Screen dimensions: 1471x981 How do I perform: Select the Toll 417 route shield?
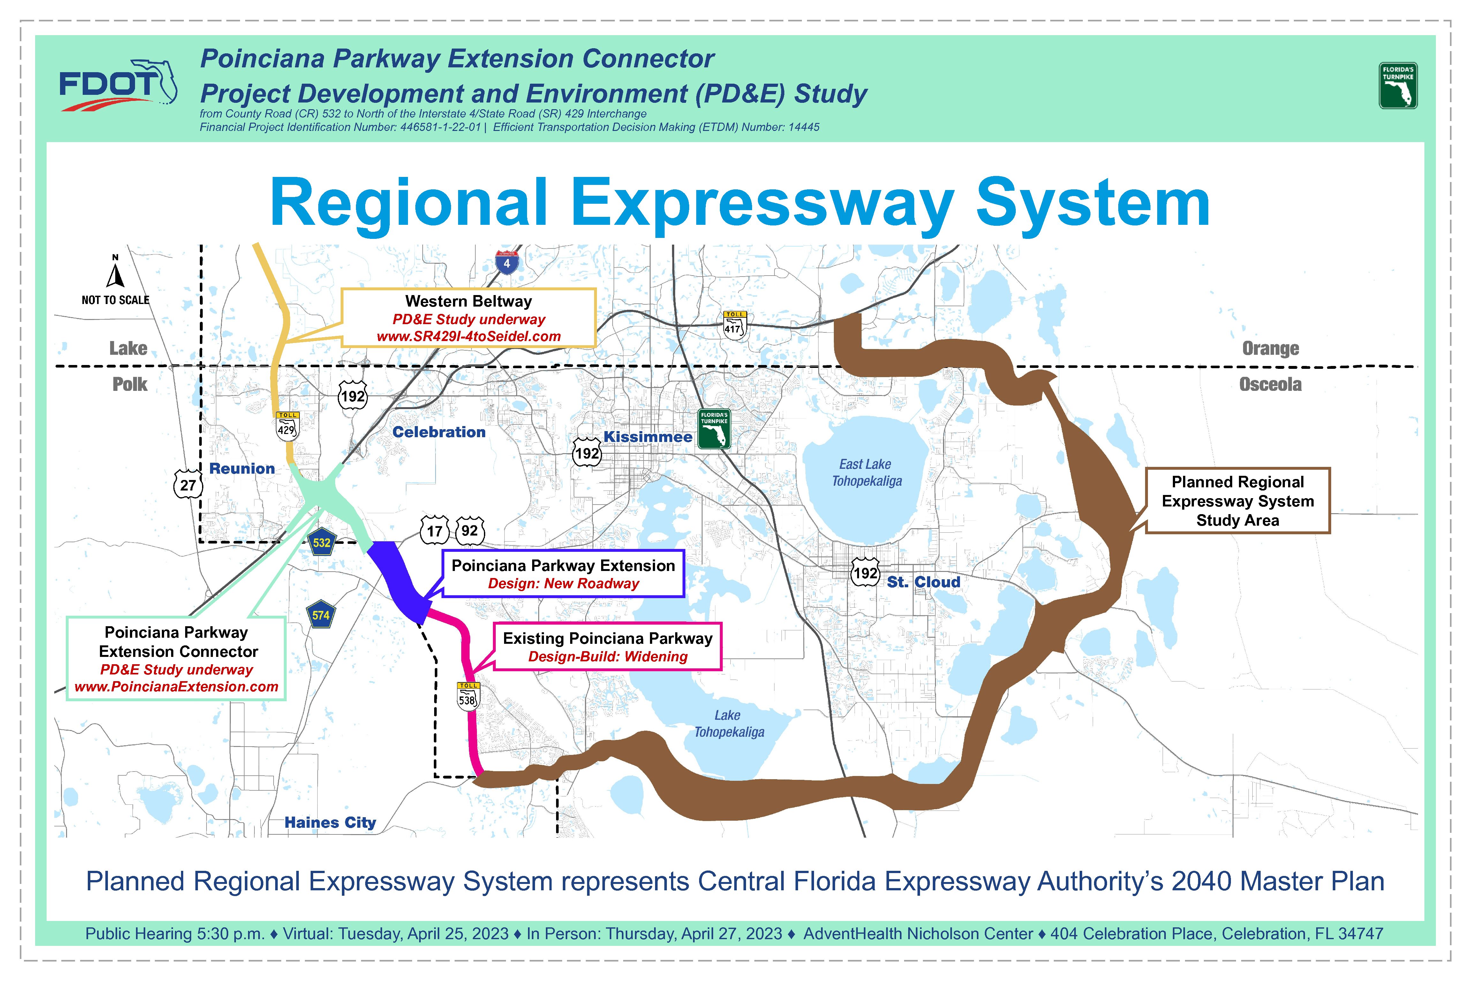735,325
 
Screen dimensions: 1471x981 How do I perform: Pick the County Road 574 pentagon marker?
321,615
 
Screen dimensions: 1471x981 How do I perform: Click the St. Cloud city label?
923,582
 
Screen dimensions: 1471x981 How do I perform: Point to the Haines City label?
330,822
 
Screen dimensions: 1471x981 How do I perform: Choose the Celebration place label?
439,432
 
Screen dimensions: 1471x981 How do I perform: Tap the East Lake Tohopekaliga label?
866,472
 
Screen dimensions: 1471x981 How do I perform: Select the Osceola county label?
1270,384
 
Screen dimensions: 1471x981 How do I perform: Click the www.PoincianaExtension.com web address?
176,686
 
